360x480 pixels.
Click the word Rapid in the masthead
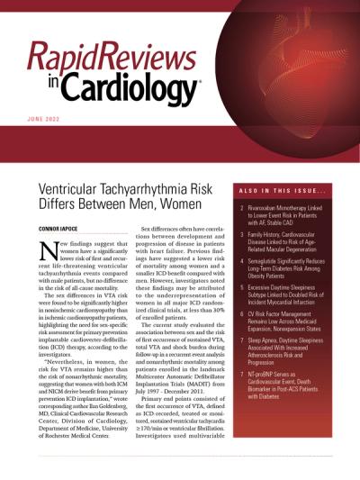pos(69,57)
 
